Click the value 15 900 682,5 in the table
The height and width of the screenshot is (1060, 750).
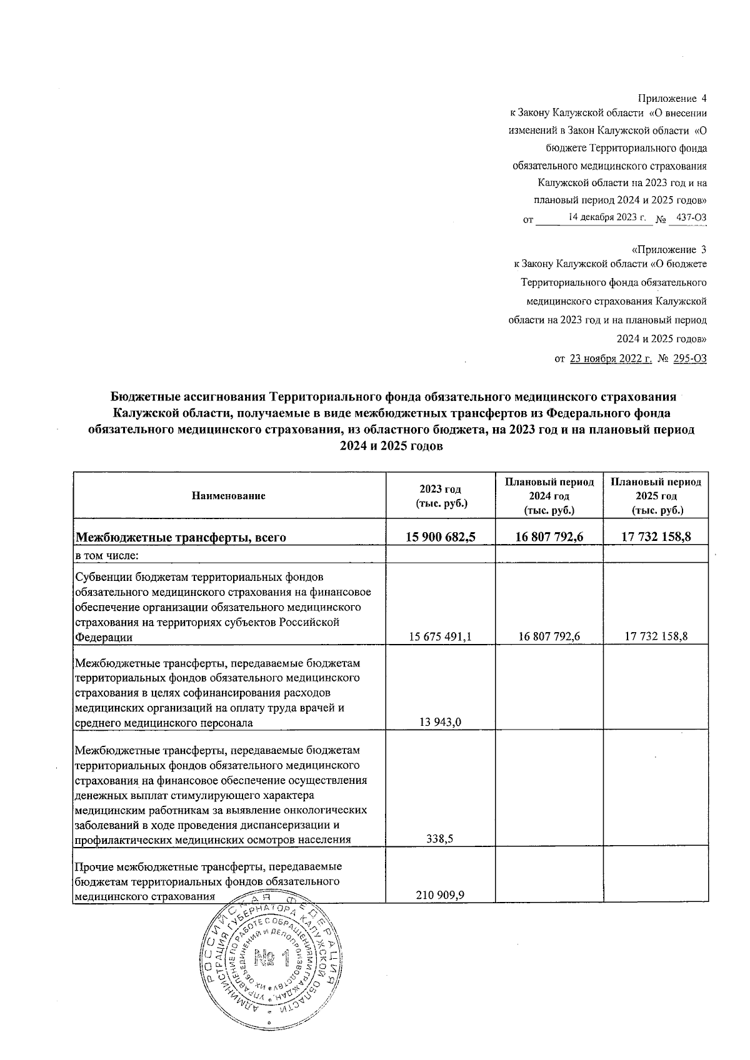coord(441,537)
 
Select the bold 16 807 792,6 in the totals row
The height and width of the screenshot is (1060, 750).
coord(549,537)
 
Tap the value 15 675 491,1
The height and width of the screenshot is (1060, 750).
coord(441,636)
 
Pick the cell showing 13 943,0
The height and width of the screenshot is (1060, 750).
coord(441,722)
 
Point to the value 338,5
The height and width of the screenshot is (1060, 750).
coord(440,840)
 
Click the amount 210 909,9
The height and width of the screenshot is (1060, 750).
coord(440,895)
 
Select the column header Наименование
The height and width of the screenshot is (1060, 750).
coord(229,496)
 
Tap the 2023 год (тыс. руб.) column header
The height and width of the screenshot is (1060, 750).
coord(441,496)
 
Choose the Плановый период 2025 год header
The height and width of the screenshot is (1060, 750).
coord(656,496)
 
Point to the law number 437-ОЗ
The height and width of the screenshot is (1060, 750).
coord(691,218)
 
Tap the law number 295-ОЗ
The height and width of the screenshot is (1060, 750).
coord(690,359)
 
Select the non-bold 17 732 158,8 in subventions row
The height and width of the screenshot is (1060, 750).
coord(656,636)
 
